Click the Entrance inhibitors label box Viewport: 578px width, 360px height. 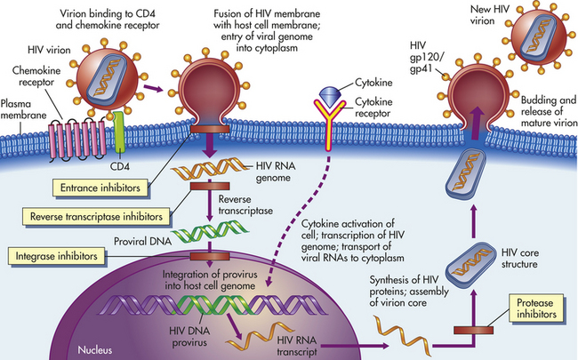100,188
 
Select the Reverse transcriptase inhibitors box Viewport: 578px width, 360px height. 96,216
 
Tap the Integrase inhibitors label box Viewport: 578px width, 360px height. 56,256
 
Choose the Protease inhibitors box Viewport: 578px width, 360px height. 536,308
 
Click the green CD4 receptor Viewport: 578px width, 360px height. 119,132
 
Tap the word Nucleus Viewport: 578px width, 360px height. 95,349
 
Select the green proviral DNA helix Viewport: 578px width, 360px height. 210,231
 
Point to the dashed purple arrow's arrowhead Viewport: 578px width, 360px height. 269,282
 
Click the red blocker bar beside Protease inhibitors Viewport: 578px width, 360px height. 473,330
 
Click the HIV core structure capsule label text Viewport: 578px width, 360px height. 520,259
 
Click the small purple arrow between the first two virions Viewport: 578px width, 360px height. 153,88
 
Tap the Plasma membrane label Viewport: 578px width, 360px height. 23,109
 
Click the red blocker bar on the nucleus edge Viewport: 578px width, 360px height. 210,256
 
